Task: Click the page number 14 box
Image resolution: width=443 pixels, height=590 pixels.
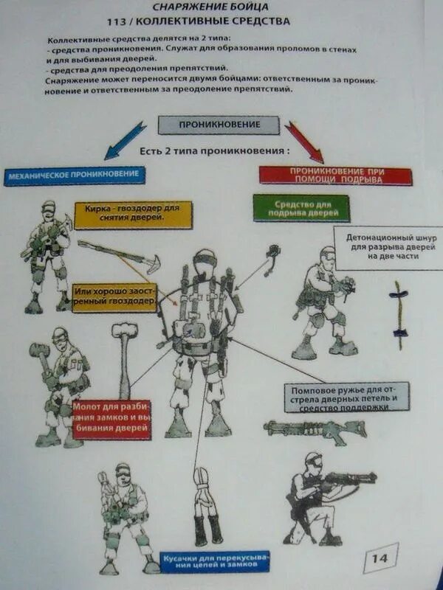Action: point(380,558)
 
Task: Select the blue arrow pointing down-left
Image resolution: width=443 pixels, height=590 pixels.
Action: point(126,140)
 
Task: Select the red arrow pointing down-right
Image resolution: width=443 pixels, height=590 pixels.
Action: point(303,141)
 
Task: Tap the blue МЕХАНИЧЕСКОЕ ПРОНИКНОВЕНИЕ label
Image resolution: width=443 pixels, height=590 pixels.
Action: point(74,176)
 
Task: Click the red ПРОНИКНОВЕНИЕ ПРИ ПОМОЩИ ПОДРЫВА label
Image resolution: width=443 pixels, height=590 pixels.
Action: point(335,175)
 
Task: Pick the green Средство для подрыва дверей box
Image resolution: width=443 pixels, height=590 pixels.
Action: point(301,208)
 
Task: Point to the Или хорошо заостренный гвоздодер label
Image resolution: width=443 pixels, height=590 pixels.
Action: point(114,298)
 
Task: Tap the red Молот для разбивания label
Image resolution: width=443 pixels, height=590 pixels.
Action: point(111,419)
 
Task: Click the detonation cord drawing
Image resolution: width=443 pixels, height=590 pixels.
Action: point(399,315)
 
